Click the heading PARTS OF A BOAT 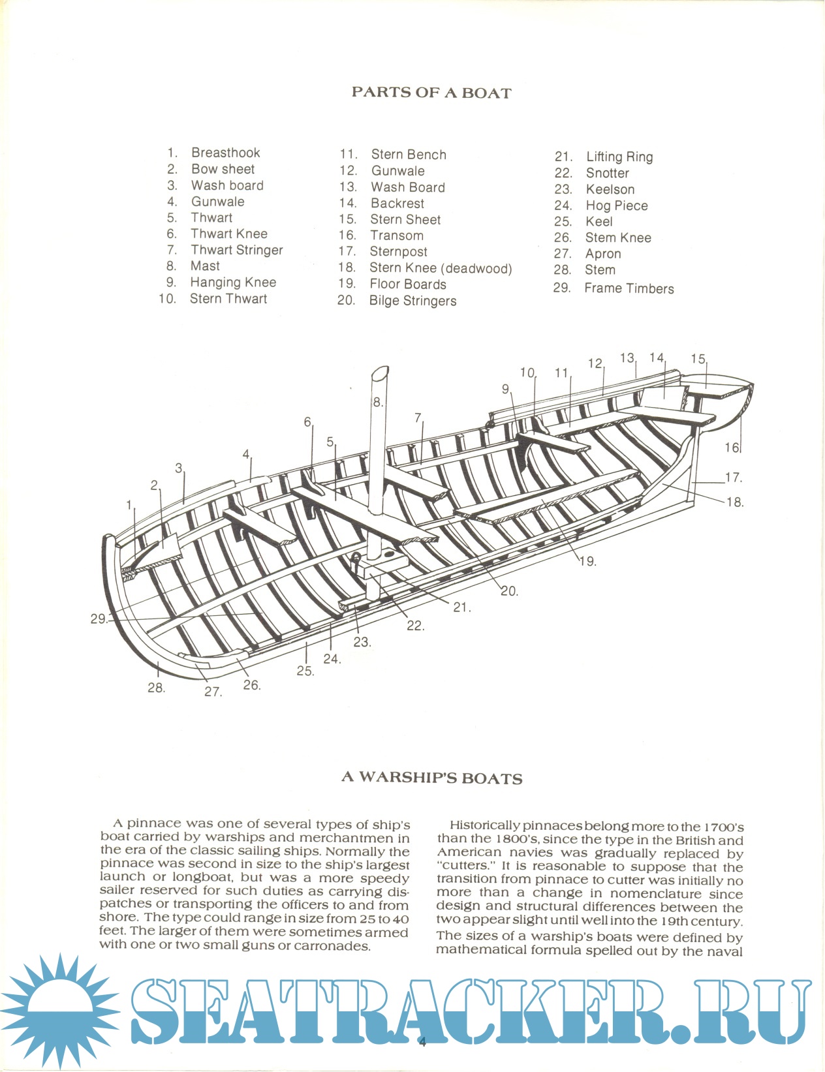[x=431, y=93]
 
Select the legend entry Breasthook [x=225, y=153]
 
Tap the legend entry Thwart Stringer [x=236, y=250]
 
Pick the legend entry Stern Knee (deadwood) [x=441, y=268]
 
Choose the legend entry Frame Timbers [x=629, y=288]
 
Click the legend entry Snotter [x=607, y=173]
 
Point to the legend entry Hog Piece [x=616, y=206]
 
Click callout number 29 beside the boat [x=99, y=619]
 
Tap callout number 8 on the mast [x=377, y=402]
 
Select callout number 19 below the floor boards [x=587, y=561]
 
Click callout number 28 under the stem [x=156, y=687]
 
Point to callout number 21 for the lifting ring [x=461, y=607]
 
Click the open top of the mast [x=381, y=374]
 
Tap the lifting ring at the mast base [x=357, y=557]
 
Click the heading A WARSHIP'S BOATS [x=431, y=778]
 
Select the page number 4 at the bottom [x=422, y=1042]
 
